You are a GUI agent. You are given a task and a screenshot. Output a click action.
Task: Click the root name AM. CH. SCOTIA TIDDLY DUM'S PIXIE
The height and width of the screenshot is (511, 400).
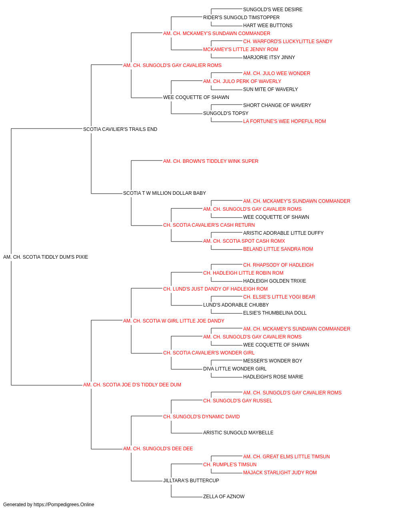[46, 257]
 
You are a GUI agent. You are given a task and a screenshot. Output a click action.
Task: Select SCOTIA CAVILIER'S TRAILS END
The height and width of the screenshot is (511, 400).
[120, 129]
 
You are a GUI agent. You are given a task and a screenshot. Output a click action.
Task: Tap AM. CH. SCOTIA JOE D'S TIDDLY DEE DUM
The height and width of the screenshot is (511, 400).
[132, 385]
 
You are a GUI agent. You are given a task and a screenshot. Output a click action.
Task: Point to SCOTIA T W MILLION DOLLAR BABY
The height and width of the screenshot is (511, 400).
[164, 193]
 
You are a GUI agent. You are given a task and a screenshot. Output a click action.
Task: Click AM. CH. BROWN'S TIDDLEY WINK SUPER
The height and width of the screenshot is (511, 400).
[211, 161]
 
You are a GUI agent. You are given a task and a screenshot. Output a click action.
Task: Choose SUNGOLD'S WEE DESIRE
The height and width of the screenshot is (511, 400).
[273, 10]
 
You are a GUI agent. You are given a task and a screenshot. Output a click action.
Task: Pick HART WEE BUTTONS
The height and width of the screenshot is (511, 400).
[268, 26]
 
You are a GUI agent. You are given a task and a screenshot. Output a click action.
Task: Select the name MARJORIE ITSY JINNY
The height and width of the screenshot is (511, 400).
[269, 57]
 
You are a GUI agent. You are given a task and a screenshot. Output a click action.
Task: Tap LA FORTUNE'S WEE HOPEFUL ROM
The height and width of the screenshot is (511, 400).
[284, 121]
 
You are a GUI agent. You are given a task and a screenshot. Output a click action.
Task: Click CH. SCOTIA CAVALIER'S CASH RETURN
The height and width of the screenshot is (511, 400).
[209, 225]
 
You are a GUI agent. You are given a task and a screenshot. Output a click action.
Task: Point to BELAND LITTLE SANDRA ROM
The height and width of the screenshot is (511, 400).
[278, 249]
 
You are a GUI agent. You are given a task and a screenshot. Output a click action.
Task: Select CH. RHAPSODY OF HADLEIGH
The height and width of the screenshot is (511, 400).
[278, 265]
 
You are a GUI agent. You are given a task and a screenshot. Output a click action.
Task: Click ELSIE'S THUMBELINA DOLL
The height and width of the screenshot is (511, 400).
[275, 313]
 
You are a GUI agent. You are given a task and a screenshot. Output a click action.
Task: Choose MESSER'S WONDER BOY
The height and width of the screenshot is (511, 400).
[272, 361]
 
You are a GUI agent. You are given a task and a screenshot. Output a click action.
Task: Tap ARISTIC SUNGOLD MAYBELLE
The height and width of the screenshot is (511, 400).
[238, 433]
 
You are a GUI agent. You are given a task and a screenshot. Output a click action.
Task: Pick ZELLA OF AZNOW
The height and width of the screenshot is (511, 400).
[224, 496]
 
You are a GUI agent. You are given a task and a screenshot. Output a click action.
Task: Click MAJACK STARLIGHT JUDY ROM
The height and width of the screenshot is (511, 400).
[280, 473]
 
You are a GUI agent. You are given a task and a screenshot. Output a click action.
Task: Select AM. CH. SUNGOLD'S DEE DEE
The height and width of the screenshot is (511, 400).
[158, 449]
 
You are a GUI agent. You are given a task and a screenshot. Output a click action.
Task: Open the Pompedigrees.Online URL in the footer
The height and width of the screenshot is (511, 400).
[64, 505]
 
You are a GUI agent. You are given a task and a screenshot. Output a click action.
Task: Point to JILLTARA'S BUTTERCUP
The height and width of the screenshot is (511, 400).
[191, 481]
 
